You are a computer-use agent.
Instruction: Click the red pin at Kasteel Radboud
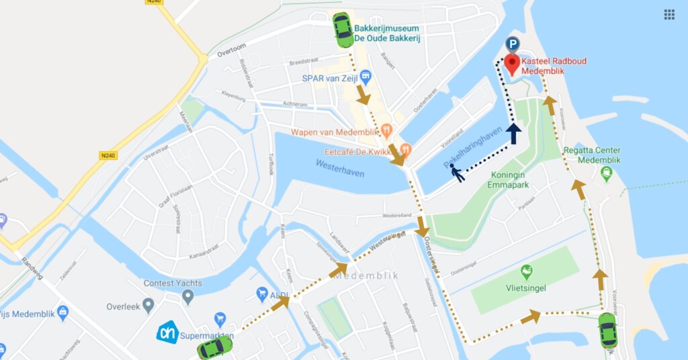pyautogui.click(x=512, y=64)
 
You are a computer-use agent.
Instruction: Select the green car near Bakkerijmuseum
pyautogui.click(x=343, y=30)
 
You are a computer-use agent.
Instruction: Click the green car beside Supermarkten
pyautogui.click(x=215, y=347)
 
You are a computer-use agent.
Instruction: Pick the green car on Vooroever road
pyautogui.click(x=607, y=330)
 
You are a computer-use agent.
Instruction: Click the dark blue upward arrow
pyautogui.click(x=513, y=133)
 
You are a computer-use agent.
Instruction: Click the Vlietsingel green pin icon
pyautogui.click(x=527, y=272)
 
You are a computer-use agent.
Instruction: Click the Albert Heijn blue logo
pyautogui.click(x=167, y=332)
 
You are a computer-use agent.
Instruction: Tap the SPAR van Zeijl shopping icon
pyautogui.click(x=365, y=78)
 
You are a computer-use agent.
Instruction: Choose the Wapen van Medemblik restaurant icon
pyautogui.click(x=386, y=130)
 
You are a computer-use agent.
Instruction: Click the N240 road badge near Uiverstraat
pyautogui.click(x=108, y=155)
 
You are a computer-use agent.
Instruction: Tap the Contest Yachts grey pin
pyautogui.click(x=188, y=296)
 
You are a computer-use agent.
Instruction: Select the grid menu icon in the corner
pyautogui.click(x=669, y=14)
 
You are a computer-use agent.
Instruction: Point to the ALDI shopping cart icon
pyautogui.click(x=262, y=294)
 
